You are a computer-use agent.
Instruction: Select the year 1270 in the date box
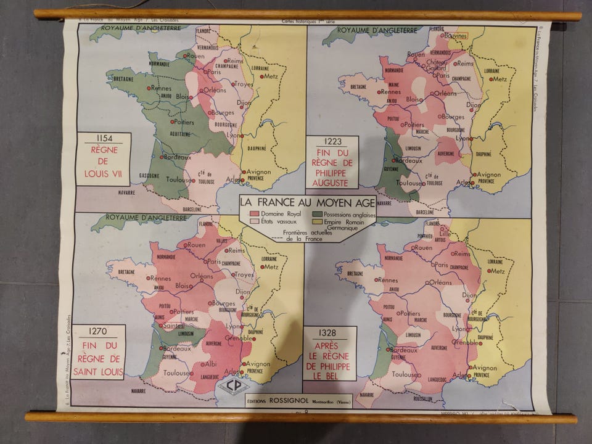coord(99,331)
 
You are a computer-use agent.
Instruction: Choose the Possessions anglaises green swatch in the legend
coord(317,213)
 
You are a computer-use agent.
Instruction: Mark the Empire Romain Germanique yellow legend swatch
coord(317,221)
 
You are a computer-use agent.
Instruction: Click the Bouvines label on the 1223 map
coord(457,36)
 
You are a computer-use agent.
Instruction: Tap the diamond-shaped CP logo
coord(233,385)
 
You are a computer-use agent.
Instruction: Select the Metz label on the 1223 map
coord(499,79)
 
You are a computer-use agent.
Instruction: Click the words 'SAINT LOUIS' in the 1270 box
coord(99,371)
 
